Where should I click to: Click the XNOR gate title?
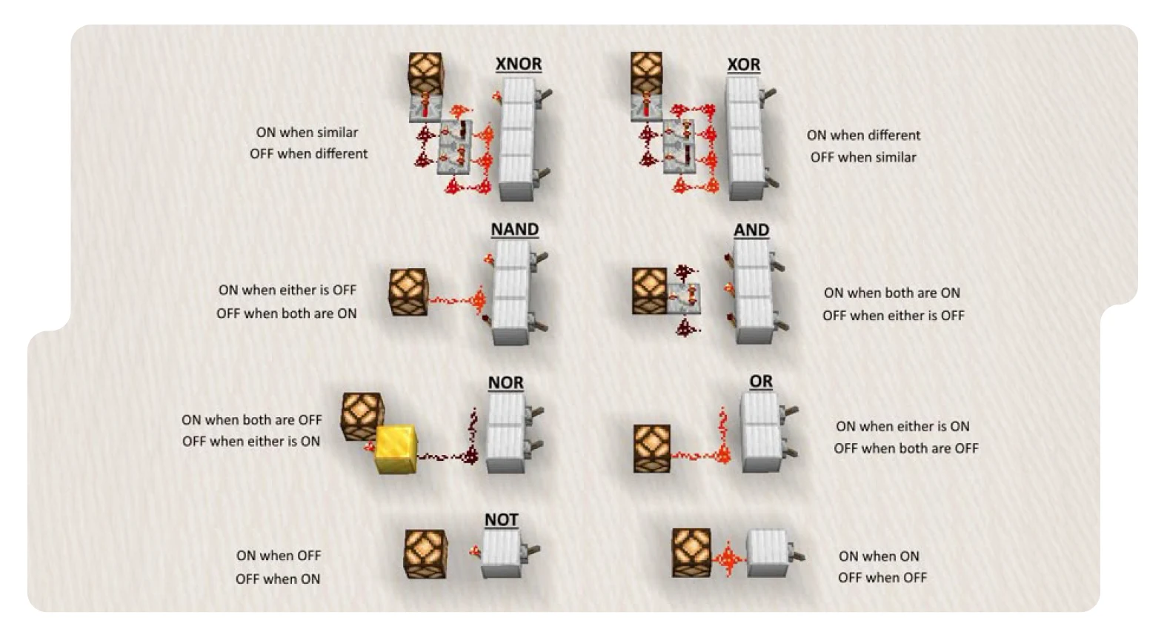(x=518, y=64)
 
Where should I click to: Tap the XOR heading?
(x=743, y=65)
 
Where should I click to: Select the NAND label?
(x=514, y=230)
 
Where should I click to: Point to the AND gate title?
(x=751, y=230)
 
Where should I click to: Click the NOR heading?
(x=505, y=383)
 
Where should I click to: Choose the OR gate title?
(x=760, y=382)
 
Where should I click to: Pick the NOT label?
(x=501, y=520)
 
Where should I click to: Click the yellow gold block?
(x=396, y=449)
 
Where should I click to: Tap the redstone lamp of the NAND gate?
(x=408, y=292)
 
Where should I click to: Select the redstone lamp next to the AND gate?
(x=650, y=291)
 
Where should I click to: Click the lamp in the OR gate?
(x=652, y=448)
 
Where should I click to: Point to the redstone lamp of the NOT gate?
(x=425, y=553)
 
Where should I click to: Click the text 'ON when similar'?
(x=307, y=133)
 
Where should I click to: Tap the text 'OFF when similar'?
(x=862, y=157)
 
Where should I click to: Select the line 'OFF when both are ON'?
(x=286, y=313)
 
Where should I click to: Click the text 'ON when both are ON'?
(x=891, y=293)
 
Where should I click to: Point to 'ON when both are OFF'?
(x=251, y=420)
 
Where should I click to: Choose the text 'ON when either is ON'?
(x=902, y=426)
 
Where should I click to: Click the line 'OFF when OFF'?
(x=882, y=577)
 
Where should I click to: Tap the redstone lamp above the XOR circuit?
(x=646, y=73)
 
